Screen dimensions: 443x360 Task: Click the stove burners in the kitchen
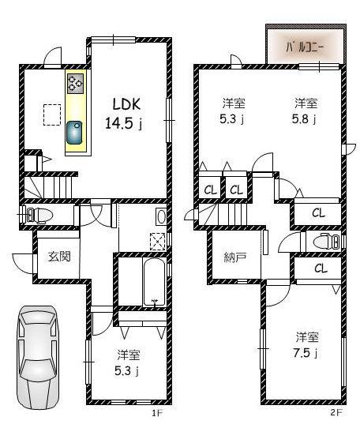click(x=76, y=84)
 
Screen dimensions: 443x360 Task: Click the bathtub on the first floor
click(x=154, y=283)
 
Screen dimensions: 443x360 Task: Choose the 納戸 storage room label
click(x=234, y=257)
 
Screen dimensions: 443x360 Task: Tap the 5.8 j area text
click(x=306, y=120)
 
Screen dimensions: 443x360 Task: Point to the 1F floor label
click(x=156, y=412)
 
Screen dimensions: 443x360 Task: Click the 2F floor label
click(x=336, y=412)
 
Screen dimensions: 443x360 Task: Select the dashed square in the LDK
click(x=52, y=115)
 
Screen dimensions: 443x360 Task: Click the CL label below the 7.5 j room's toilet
click(x=320, y=269)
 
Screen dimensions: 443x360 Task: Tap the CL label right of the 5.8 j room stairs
click(x=317, y=212)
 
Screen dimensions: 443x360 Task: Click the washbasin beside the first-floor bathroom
click(x=162, y=216)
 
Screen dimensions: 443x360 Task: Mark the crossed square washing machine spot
click(x=158, y=242)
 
